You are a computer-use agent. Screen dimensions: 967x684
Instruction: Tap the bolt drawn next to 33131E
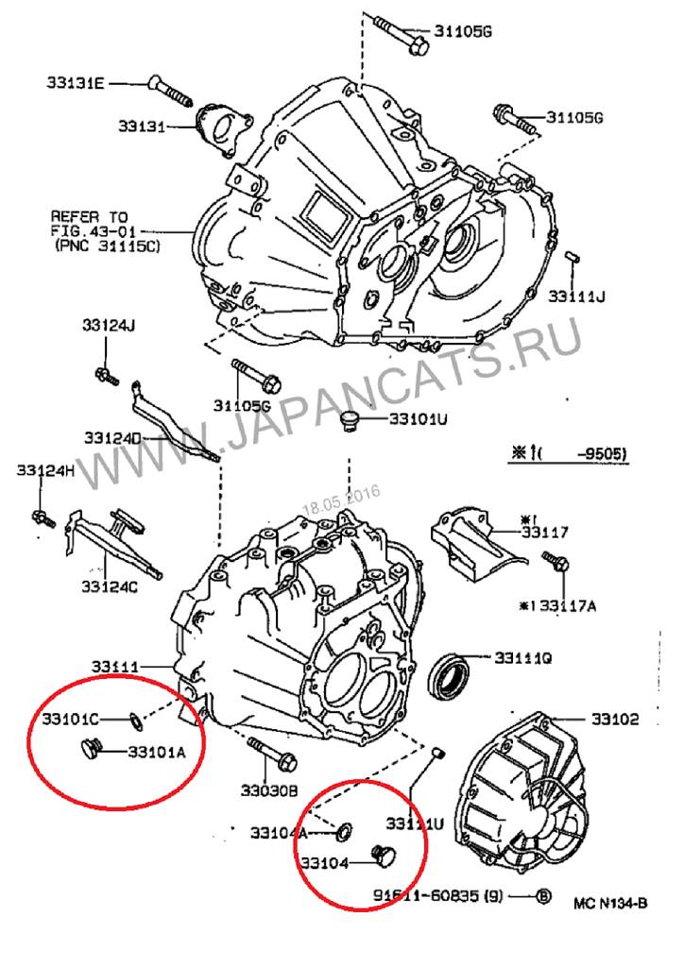171,92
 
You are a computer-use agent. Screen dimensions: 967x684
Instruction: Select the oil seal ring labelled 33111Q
451,675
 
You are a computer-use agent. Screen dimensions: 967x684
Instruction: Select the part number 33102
615,719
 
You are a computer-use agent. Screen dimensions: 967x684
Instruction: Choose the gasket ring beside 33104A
346,831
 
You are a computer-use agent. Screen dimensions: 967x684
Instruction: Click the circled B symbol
544,896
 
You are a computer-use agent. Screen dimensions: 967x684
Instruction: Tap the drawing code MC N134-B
610,902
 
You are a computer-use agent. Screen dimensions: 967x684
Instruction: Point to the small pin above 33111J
572,255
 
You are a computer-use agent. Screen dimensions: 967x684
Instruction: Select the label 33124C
109,586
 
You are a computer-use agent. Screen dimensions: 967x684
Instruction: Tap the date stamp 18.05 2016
340,495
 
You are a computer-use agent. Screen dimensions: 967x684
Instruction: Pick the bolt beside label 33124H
42,517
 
